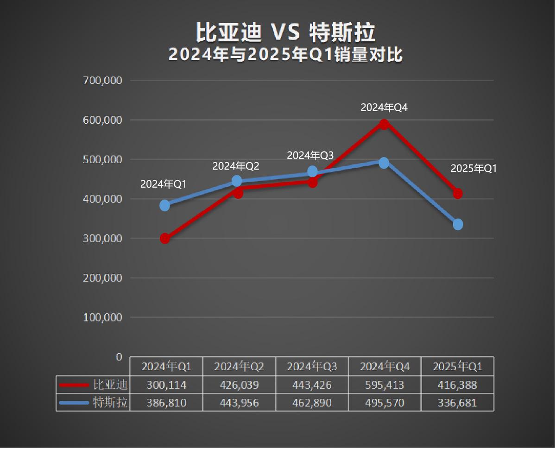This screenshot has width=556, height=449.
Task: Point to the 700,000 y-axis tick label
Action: [102, 80]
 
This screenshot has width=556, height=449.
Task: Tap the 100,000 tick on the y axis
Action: [102, 317]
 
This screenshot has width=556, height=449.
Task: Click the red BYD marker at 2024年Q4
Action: [384, 124]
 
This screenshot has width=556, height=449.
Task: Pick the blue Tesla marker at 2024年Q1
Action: [165, 205]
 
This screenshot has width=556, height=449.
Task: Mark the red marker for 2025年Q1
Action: [458, 193]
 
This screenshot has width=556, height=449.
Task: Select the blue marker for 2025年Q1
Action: [458, 224]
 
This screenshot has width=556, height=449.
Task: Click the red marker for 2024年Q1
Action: [165, 239]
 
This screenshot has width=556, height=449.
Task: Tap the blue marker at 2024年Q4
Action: [384, 163]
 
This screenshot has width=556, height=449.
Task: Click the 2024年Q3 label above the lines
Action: [310, 155]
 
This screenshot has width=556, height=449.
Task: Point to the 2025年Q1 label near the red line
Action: [474, 169]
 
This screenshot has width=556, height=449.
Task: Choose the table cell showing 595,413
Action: [385, 385]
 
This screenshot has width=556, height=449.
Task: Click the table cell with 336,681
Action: [458, 403]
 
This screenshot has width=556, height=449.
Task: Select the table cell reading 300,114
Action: [166, 385]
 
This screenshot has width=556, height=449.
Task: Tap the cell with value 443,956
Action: [239, 403]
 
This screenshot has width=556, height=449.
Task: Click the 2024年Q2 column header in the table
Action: [239, 367]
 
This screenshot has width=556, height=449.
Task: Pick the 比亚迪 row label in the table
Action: [110, 385]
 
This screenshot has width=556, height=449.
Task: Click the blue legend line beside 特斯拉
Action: [74, 403]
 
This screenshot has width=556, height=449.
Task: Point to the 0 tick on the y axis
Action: [119, 357]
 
